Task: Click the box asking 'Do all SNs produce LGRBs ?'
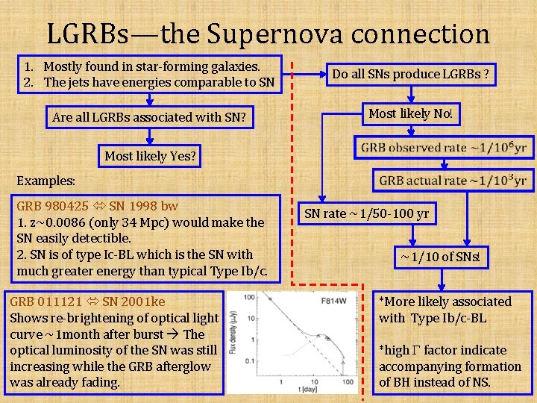[410, 74]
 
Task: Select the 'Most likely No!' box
[410, 113]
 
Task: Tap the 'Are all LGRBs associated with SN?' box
[149, 117]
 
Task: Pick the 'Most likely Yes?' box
[150, 156]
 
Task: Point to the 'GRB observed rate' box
[445, 147]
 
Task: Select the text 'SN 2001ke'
[134, 302]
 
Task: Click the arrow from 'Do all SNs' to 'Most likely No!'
[410, 93]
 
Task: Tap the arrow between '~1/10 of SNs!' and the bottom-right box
[443, 281]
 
